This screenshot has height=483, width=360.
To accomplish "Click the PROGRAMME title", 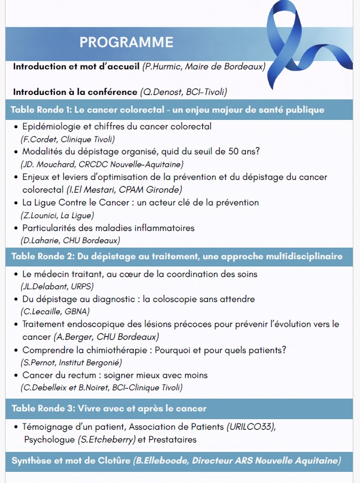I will click(126, 42).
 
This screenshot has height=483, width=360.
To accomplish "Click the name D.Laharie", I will click(39, 240).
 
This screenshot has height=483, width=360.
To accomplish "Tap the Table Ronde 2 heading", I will click(176, 256).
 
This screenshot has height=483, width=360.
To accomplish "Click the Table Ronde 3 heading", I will click(109, 409).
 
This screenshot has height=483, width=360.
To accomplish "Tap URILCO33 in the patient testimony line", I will click(251, 427).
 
